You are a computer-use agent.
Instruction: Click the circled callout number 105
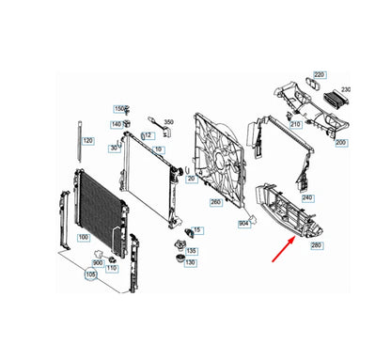(90, 276)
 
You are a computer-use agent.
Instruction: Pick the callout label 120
(87, 141)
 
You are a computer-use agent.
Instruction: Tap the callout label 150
(119, 109)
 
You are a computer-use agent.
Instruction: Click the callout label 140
(117, 124)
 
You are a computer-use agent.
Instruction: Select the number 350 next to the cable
(169, 122)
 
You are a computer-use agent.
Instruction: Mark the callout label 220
(319, 74)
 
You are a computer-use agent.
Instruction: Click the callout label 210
(295, 124)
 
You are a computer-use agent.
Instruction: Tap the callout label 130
(191, 262)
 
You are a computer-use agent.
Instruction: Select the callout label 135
(191, 251)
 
